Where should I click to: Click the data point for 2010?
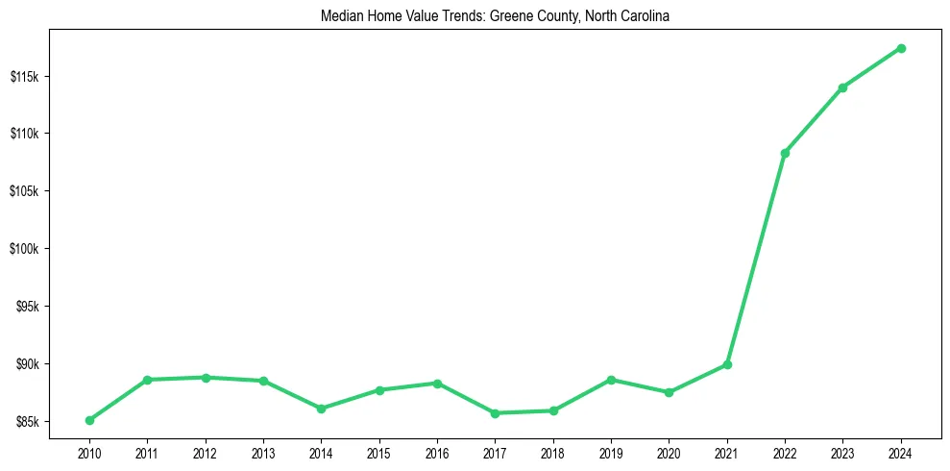tap(89, 420)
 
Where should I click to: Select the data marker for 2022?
tap(785, 153)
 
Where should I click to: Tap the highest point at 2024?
tap(901, 48)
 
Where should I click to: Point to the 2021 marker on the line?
tap(727, 364)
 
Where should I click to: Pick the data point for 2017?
tap(495, 413)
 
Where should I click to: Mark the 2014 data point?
tap(321, 409)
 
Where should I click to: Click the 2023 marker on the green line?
tap(842, 87)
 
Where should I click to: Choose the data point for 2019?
tap(611, 380)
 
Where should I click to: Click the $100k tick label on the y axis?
tap(27, 249)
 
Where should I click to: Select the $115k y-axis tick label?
tap(27, 76)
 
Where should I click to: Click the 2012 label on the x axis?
tap(206, 452)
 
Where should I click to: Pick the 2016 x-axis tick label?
tap(437, 452)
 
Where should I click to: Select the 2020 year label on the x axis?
tap(669, 452)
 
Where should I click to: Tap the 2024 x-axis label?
tap(901, 452)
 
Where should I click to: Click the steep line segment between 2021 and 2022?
tap(756, 259)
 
